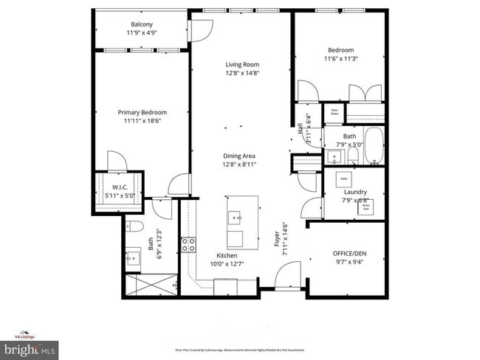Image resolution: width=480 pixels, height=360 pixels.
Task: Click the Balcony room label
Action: pos(142,24)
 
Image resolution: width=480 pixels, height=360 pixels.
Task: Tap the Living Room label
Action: pos(242,64)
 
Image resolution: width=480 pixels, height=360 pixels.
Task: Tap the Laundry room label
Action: pos(355,192)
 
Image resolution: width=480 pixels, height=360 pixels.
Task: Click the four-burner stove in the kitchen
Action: pos(189,245)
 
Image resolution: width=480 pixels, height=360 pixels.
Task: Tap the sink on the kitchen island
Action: pos(235,217)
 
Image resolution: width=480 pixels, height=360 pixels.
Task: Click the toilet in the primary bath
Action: pos(134,226)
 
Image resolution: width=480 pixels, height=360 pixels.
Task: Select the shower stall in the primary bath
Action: pos(149,283)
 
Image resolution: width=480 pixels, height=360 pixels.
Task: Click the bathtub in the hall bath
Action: pos(374,145)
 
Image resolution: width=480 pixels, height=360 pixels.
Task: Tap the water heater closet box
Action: pos(334,113)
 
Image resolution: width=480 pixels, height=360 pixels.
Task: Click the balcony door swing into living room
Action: pos(197,31)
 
